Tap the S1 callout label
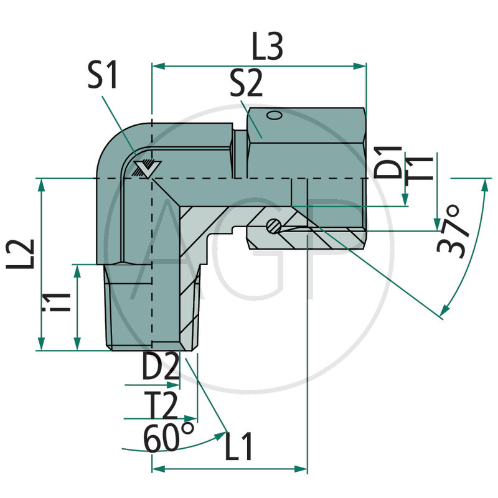coord(103,78)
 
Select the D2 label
coord(160,369)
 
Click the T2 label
coord(160,408)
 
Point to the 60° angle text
coord(169,438)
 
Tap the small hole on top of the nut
coord(272,115)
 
